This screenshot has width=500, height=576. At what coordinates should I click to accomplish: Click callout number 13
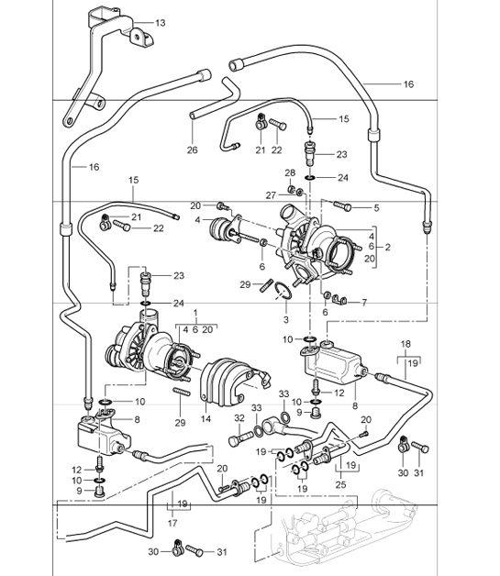(161, 21)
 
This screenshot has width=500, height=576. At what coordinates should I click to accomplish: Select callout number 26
(193, 150)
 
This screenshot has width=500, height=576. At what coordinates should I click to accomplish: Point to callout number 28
(291, 172)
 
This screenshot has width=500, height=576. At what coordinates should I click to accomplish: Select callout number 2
(387, 248)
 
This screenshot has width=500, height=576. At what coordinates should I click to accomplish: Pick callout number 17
(172, 524)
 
